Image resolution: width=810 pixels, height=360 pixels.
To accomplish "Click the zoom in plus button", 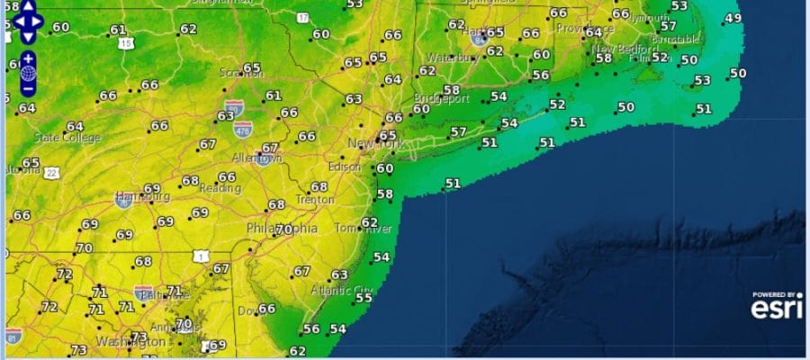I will tap(27, 58).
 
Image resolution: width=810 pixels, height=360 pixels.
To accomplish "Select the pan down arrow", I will tap(28, 37).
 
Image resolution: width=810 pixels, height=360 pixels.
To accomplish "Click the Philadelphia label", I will tap(282, 229).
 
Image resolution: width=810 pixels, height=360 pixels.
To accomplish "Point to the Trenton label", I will tap(315, 200).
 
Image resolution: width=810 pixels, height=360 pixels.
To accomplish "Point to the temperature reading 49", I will tap(733, 18).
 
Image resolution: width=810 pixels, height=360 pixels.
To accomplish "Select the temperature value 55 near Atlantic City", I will tap(364, 298).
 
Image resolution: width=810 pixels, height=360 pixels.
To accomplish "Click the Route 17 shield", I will tap(302, 17).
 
